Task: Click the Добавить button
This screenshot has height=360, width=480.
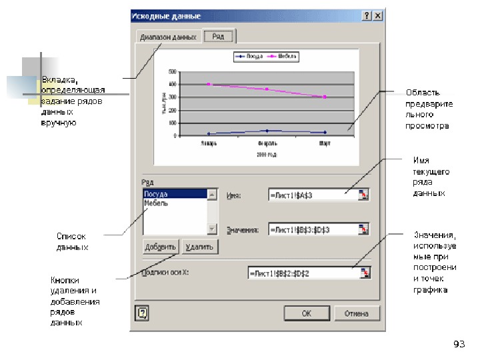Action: click(x=160, y=247)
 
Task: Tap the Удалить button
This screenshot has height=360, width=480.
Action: click(x=200, y=247)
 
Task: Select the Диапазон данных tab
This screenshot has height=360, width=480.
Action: click(x=168, y=37)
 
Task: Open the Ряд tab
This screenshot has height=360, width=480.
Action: click(x=218, y=37)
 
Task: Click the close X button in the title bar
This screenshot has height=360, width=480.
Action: click(x=378, y=15)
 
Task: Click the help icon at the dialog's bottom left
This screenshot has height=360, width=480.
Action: click(x=141, y=313)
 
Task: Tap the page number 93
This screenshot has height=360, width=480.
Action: click(x=459, y=344)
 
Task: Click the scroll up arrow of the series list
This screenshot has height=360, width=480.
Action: click(x=212, y=195)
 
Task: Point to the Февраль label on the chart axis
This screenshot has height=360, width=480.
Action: click(x=267, y=143)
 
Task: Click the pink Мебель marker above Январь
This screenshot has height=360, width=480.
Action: click(x=209, y=85)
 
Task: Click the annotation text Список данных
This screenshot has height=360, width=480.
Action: click(x=72, y=241)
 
